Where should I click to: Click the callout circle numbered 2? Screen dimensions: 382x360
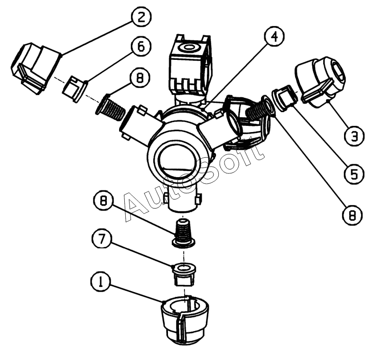point(141,17)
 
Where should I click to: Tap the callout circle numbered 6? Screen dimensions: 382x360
point(141,47)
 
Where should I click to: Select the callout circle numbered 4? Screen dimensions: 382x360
point(274,37)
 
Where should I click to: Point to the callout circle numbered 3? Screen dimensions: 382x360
point(354,136)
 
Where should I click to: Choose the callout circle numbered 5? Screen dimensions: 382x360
point(354,174)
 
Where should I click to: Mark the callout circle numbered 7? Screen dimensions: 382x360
point(102,239)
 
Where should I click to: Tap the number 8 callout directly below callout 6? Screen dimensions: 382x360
point(140,78)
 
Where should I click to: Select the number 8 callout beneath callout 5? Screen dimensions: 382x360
point(352,215)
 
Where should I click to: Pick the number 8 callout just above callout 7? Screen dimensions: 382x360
point(103,201)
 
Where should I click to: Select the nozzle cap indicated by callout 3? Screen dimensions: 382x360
point(320,82)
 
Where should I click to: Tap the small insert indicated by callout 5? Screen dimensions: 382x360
point(284,97)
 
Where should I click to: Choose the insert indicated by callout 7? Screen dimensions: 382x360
point(184,274)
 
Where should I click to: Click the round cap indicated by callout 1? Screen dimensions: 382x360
point(185,320)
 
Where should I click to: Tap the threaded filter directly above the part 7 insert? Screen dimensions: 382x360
point(183,234)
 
